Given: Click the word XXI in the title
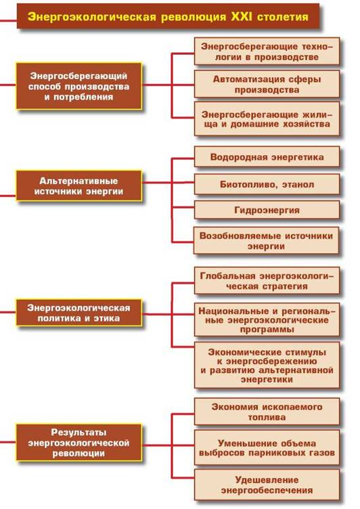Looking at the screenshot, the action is coord(241,16).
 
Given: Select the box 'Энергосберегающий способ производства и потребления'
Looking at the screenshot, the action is coord(79,86).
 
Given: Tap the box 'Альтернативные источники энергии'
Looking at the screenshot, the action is coord(79,186).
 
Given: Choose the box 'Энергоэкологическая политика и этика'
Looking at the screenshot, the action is coord(79,313).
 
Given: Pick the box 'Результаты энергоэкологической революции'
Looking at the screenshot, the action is coord(79,443).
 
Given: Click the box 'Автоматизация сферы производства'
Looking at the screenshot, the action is coord(267,84).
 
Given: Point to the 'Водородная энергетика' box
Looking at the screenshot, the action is coord(267,157).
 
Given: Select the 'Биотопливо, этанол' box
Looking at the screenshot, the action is coord(267,184).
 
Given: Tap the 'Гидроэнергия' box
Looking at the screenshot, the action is coord(267,210).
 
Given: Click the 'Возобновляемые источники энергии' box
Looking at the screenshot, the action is coord(266,240).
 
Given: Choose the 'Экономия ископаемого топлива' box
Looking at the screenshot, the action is coord(267,412).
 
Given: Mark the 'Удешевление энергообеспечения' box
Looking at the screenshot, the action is coord(267,485).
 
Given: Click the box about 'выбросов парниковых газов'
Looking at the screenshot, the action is coord(267,447).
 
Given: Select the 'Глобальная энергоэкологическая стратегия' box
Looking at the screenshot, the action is coord(267,281).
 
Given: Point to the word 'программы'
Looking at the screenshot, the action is coord(267,330).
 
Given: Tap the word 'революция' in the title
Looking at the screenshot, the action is coord(193,17).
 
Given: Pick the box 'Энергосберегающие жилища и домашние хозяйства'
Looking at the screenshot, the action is coord(267,119).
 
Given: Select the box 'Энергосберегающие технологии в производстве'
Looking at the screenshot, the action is coord(267,51).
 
